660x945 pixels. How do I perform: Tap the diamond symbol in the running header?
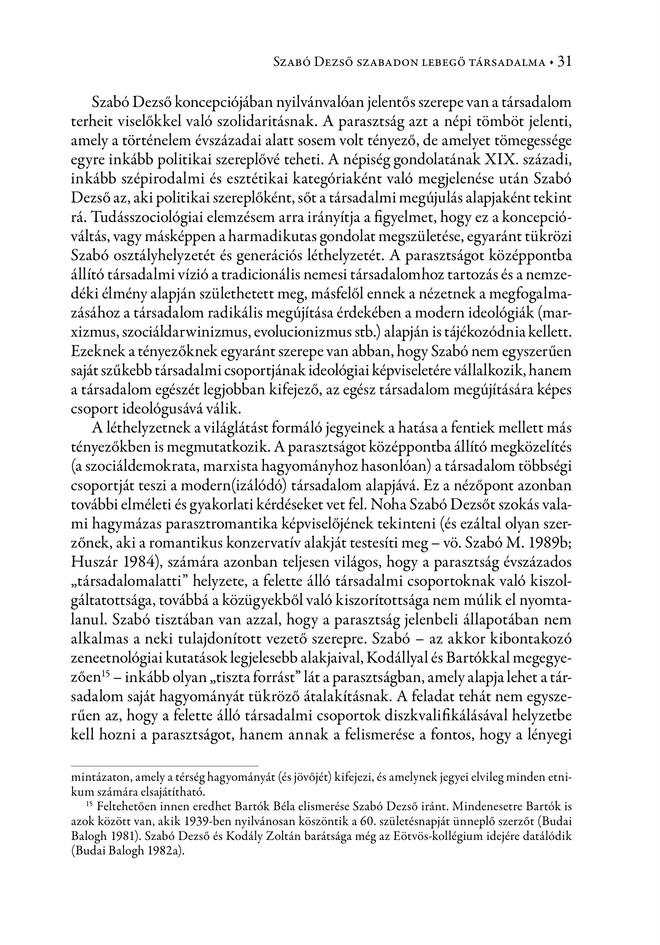(551, 63)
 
